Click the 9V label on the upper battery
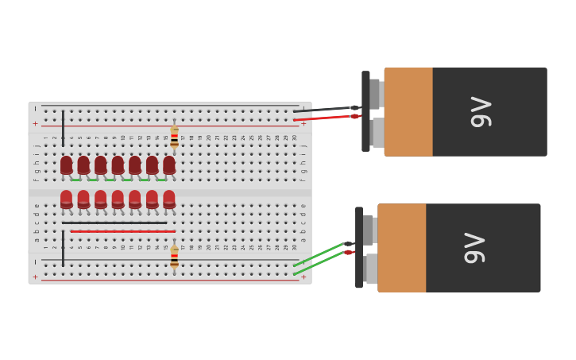(481, 111)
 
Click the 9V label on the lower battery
(475, 248)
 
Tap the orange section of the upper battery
(408, 111)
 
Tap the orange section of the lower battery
(402, 248)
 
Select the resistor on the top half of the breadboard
(174, 136)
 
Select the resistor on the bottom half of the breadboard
(174, 257)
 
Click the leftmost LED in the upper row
(67, 165)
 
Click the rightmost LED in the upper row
(169, 165)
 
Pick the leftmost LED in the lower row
(67, 199)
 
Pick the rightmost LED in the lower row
(169, 199)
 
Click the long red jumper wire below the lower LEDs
(123, 231)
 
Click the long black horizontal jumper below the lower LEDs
(114, 223)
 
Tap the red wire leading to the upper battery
(322, 118)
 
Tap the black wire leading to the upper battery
(322, 109)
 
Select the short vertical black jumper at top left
(63, 128)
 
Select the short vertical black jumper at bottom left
(63, 249)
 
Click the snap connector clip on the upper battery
(365, 111)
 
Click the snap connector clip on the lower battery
(359, 248)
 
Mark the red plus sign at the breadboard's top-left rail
(35, 124)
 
